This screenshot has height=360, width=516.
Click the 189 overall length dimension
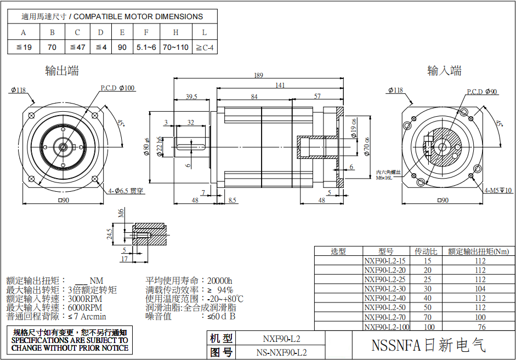coord(258,76)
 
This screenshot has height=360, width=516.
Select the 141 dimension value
coord(280,85)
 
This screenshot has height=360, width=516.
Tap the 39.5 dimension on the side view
coord(191,96)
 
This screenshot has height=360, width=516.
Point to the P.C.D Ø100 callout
coord(117,88)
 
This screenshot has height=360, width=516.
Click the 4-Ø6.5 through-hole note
coord(126,191)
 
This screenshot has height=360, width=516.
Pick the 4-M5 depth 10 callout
coord(498,190)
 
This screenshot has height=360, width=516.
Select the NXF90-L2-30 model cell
coord(385,289)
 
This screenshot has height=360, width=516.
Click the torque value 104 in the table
coord(480,289)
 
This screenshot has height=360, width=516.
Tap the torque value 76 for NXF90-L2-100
coord(481,327)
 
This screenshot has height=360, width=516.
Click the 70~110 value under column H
coord(175,47)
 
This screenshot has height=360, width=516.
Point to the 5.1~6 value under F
coord(146,47)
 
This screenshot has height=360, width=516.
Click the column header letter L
coord(205,32)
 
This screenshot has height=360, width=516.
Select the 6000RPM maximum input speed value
coord(85,307)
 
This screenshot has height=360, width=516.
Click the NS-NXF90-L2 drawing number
coord(281,352)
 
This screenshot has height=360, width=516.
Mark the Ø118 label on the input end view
coord(395,90)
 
